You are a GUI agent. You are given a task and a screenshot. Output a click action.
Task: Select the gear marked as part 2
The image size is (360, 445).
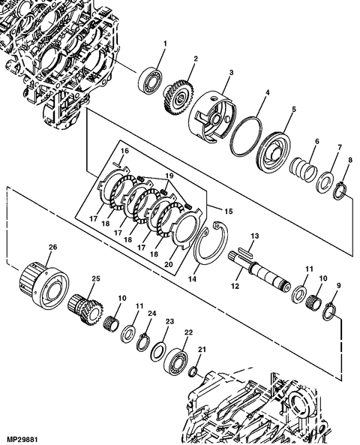pyautogui.click(x=179, y=95)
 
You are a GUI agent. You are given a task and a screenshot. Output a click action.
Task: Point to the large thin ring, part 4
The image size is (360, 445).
pyautogui.click(x=249, y=135)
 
